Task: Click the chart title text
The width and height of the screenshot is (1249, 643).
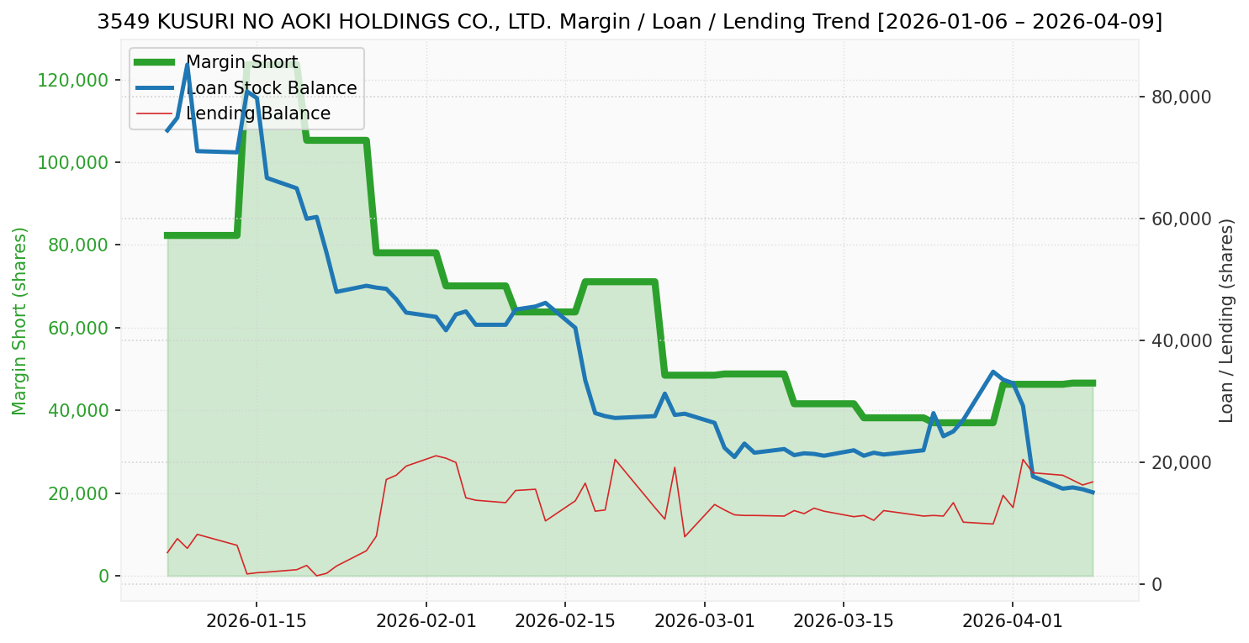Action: [x=629, y=22]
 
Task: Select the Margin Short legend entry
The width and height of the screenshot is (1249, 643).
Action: [x=241, y=62]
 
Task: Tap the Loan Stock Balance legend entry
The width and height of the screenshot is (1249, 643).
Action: [x=271, y=88]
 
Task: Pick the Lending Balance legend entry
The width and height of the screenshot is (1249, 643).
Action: [x=257, y=113]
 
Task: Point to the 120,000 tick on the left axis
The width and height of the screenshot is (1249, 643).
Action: [x=74, y=81]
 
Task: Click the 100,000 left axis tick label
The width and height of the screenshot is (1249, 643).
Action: [x=74, y=163]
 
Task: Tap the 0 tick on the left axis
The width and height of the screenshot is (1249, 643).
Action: [x=103, y=576]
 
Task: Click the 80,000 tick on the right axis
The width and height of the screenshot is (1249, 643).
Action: [x=1180, y=97]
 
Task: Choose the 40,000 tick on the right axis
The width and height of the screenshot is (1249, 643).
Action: [x=1180, y=340]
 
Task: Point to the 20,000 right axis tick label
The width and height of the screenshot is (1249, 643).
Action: [x=1180, y=462]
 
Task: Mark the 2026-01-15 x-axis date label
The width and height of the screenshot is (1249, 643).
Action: [x=256, y=622]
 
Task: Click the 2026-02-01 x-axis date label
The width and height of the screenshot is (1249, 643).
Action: [x=426, y=622]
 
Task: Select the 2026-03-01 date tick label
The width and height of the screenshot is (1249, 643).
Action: [x=704, y=622]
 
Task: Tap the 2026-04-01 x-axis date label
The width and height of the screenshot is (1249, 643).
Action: [x=1013, y=622]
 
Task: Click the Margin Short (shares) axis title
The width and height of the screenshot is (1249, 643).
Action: [x=20, y=321]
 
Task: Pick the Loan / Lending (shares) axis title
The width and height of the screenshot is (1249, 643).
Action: [x=1227, y=321]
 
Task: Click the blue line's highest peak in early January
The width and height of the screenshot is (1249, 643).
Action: [x=187, y=65]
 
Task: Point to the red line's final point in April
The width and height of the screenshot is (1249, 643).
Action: [x=1093, y=482]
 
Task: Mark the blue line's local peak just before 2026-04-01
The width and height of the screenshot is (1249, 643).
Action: [x=993, y=372]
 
